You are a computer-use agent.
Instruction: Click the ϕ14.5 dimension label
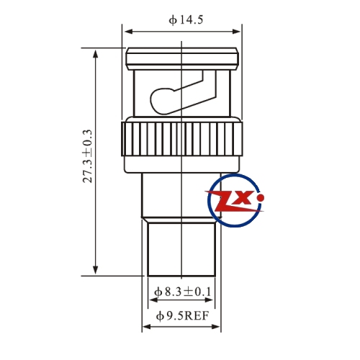click(x=186, y=20)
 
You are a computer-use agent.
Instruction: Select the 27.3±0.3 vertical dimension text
click(x=87, y=156)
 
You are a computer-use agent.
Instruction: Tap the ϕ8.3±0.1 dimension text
click(x=183, y=292)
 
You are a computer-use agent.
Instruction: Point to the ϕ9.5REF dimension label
click(x=182, y=316)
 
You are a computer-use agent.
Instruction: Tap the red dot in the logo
click(x=260, y=198)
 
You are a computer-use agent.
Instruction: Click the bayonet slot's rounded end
click(x=159, y=101)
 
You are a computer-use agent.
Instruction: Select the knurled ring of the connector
click(x=182, y=139)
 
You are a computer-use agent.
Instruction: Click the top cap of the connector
click(x=182, y=59)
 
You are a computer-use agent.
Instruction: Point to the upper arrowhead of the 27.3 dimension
click(x=96, y=54)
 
